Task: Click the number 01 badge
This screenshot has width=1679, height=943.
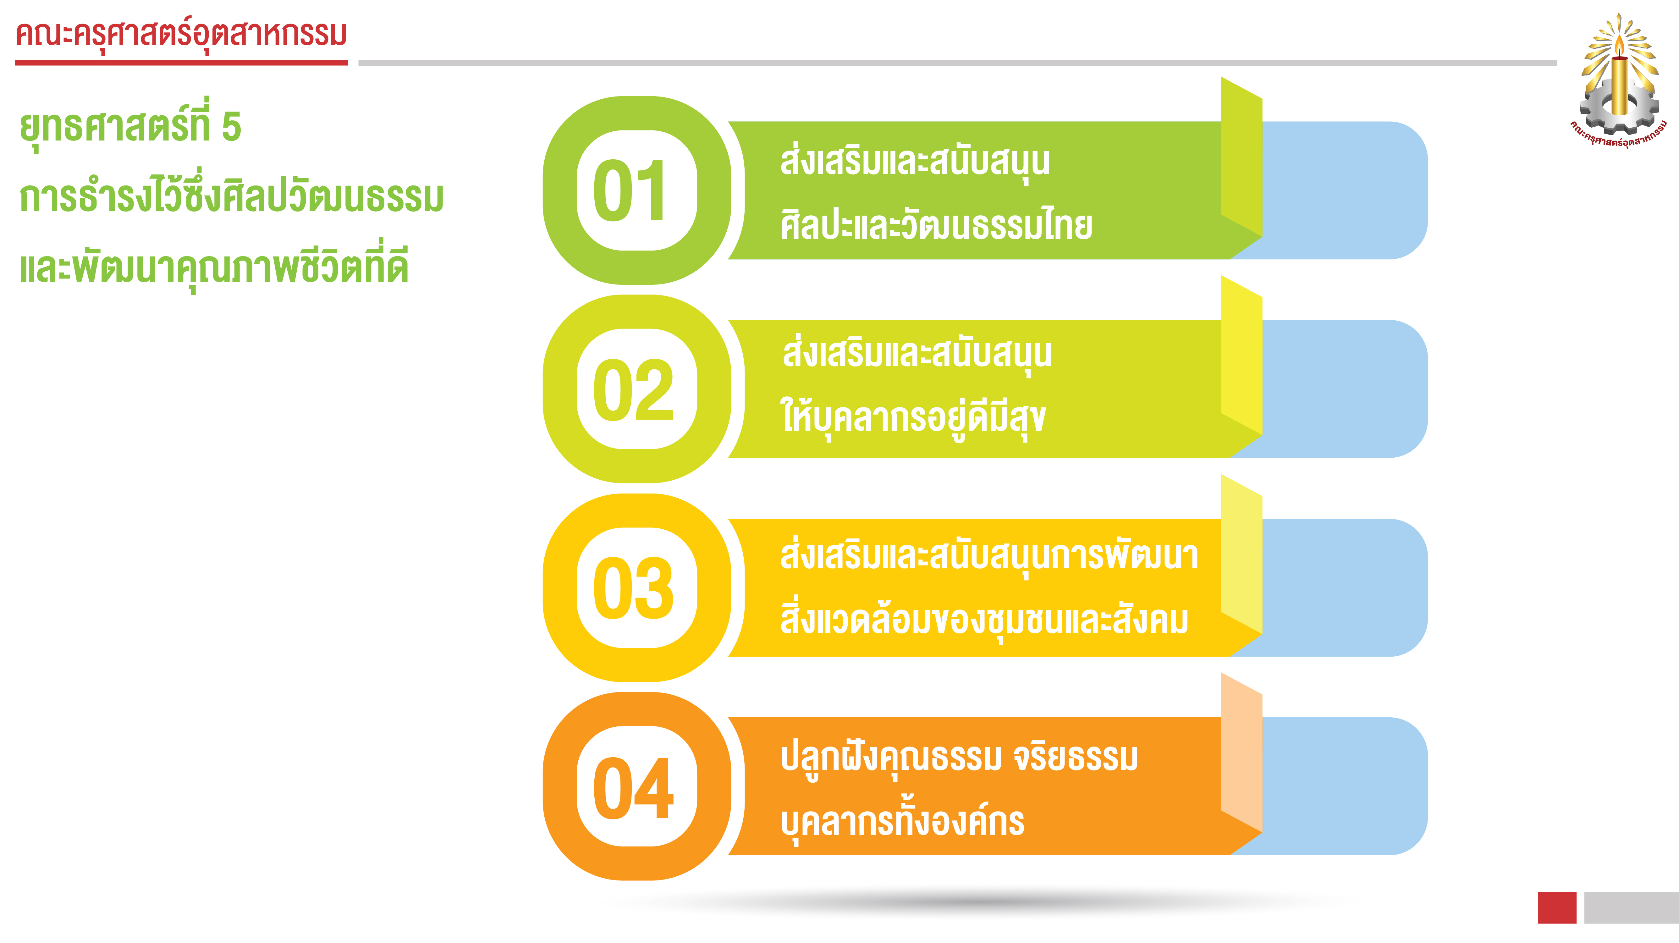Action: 637,190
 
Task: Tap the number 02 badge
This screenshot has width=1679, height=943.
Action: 637,389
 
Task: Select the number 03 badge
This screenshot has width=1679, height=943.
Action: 637,588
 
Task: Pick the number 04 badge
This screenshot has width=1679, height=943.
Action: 637,786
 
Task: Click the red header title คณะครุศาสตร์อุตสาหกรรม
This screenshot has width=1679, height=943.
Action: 181,35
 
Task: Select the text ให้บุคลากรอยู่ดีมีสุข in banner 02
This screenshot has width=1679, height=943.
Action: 913,418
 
